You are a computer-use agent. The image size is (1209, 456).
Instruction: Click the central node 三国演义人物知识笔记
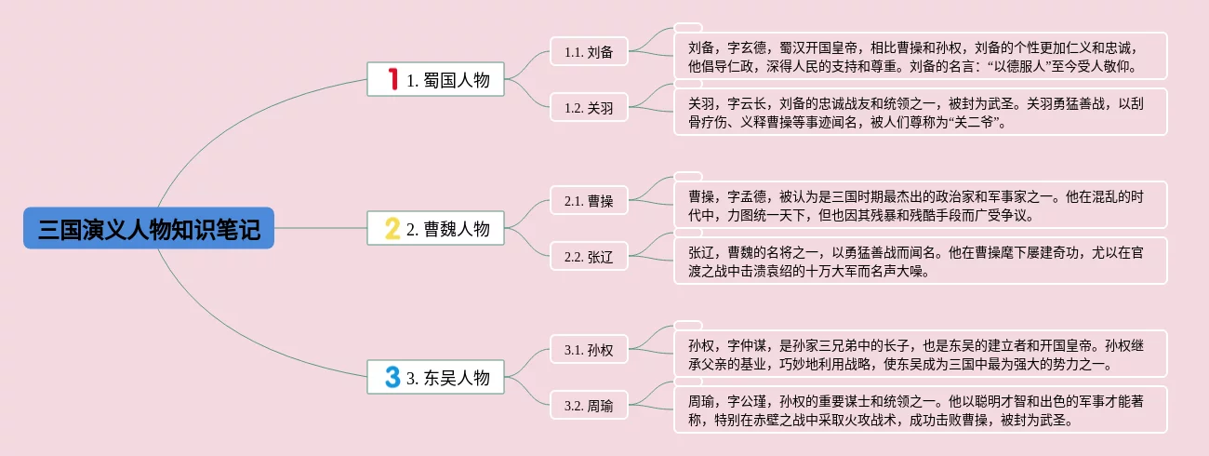pos(149,228)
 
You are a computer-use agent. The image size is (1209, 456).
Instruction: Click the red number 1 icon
pos(393,80)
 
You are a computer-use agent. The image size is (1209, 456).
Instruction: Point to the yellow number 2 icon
pos(392,228)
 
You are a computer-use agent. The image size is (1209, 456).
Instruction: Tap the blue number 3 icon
pos(392,377)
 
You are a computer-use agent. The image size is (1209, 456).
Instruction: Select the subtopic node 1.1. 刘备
pos(589,52)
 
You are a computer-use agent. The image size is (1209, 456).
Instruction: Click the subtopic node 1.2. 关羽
pos(589,108)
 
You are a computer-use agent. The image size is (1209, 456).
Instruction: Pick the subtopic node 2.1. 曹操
pos(589,201)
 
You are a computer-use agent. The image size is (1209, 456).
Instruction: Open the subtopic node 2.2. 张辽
pos(589,257)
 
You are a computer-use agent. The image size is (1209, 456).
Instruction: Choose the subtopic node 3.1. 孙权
pos(589,350)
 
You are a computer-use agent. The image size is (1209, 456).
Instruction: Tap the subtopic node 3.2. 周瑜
pos(589,406)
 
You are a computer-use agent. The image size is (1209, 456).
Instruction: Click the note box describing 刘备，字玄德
pos(920,56)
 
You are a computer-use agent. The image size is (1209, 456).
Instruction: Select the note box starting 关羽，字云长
pos(920,112)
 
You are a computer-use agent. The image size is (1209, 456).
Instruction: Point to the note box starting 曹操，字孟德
pos(920,205)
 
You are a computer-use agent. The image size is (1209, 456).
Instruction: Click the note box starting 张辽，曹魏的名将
pos(920,261)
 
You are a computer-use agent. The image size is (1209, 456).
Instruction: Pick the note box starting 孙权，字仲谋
pos(920,354)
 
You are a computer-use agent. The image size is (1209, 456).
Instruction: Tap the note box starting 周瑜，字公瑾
pos(920,409)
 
